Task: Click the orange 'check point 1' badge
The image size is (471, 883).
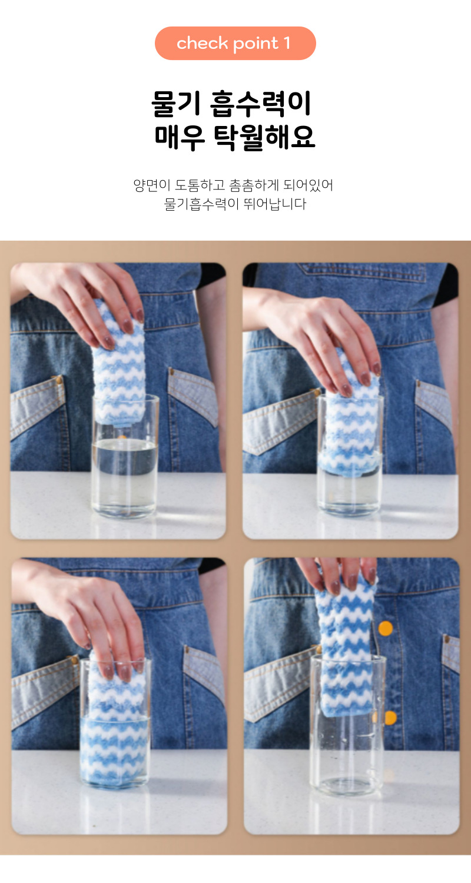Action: click(235, 44)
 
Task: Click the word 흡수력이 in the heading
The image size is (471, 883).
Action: click(261, 104)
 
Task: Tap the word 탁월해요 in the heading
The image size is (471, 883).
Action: click(264, 137)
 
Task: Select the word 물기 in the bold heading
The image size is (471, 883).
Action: click(177, 104)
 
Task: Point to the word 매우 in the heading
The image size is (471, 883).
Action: click(180, 137)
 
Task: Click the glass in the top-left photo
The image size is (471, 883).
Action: click(125, 457)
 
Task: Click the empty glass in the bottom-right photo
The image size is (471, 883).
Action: click(347, 725)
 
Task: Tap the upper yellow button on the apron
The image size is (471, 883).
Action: click(386, 628)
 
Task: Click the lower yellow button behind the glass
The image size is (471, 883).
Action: click(389, 718)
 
